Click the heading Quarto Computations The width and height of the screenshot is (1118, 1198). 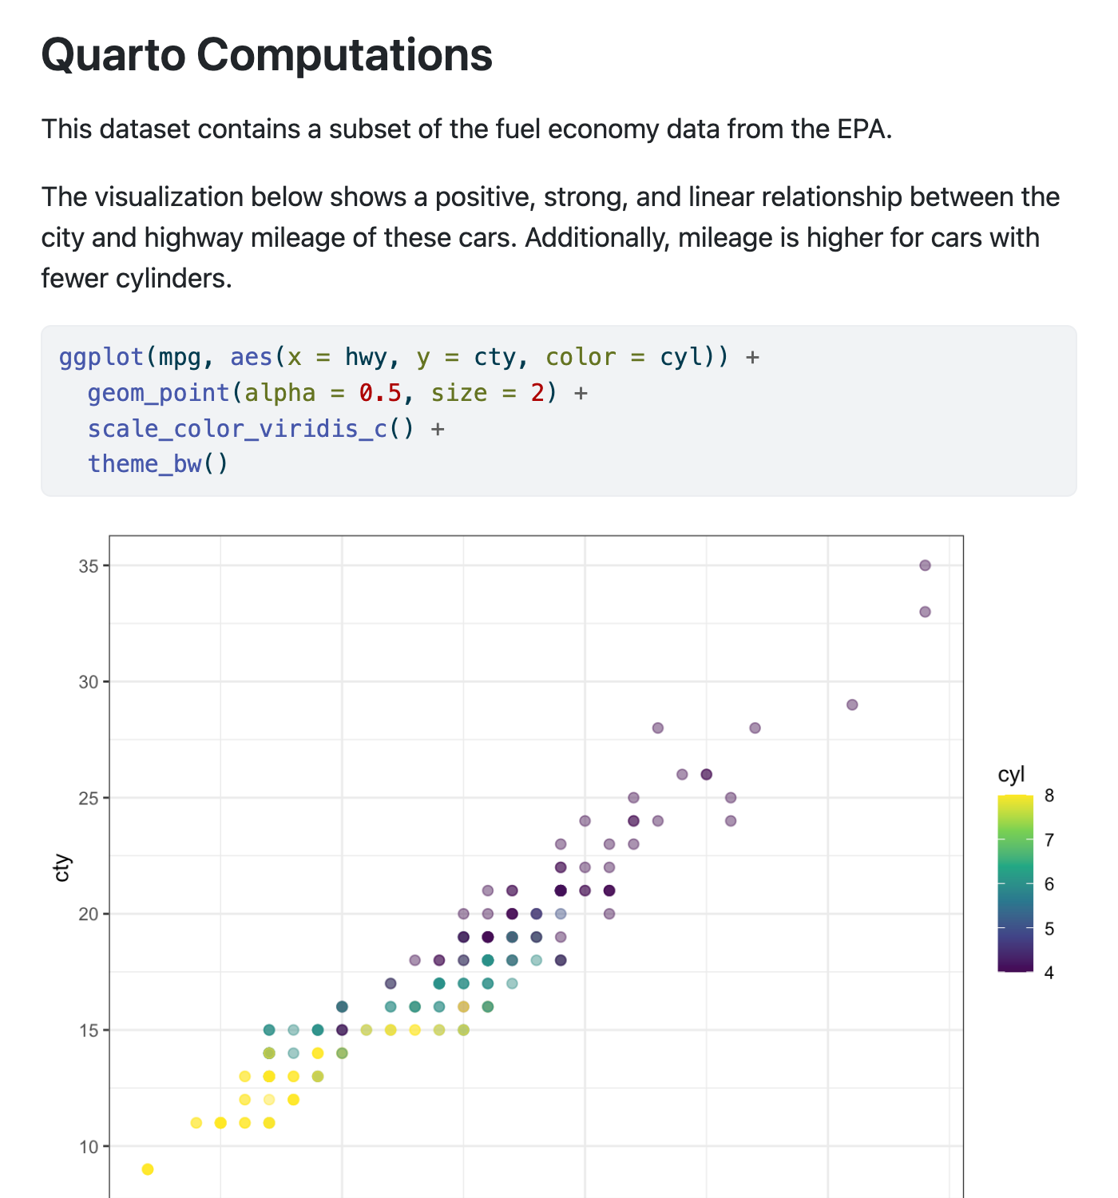pos(267,55)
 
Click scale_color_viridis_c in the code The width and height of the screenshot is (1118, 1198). pos(237,429)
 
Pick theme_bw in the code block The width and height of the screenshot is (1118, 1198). pos(145,464)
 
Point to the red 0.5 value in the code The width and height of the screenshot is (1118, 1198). pos(379,393)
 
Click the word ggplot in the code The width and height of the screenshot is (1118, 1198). pos(101,357)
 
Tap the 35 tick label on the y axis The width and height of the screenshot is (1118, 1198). pos(89,566)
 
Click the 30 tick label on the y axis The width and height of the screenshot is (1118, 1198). pos(89,682)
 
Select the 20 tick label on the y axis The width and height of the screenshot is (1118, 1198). pos(89,914)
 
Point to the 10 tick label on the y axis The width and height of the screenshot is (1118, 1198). pos(89,1147)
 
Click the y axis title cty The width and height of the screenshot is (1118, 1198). pos(61,868)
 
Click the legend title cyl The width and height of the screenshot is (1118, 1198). pos(1011,775)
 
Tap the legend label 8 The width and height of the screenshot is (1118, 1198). pos(1049,795)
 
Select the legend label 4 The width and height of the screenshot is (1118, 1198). pos(1049,973)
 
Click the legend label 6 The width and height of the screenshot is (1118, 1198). pos(1049,884)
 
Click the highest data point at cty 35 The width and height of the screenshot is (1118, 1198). pos(925,565)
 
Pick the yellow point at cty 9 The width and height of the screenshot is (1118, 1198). pos(148,1169)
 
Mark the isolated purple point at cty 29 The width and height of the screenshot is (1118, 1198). pos(852,704)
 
